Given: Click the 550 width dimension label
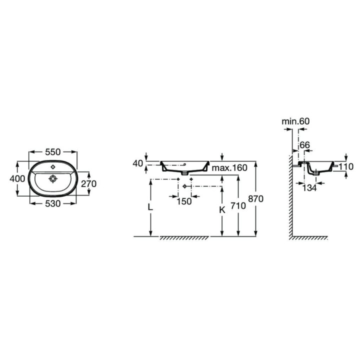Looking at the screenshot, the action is [52, 152].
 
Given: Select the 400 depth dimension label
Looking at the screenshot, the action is [17, 178].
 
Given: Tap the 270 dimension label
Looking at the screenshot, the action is [89, 183].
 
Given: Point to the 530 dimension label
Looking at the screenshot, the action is [53, 203].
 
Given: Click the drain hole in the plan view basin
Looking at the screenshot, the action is [53, 178].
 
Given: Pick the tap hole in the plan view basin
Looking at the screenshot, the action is [53, 166].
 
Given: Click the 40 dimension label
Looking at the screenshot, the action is [138, 163].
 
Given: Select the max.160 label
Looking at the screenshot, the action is [229, 168].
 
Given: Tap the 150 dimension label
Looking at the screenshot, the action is [184, 201].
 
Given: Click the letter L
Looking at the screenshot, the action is [150, 207].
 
